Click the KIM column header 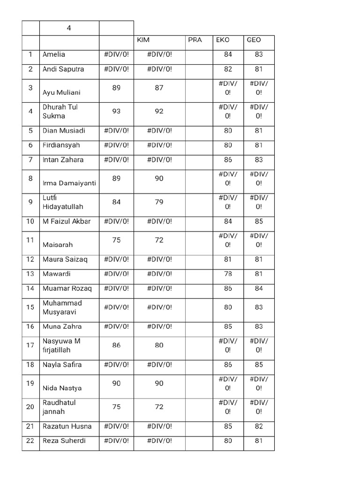[143, 40]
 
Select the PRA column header [195, 40]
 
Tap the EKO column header [223, 40]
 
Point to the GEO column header [254, 40]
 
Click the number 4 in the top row [69, 28]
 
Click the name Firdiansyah [61, 145]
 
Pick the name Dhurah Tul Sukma [60, 112]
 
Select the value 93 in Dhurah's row [116, 112]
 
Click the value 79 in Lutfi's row [159, 202]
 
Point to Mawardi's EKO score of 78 [228, 274]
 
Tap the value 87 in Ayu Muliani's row [159, 87]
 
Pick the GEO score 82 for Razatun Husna [259, 427]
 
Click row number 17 [30, 345]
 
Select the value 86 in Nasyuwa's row [116, 345]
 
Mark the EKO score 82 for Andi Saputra [228, 69]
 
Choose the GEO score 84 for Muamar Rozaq [259, 288]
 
